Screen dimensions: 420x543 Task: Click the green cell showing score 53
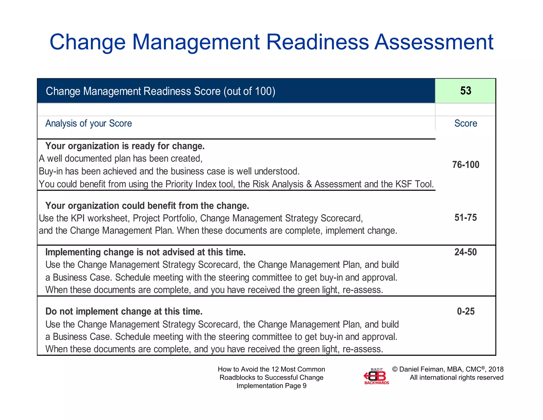[465, 91]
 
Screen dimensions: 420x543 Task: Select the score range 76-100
[466, 165]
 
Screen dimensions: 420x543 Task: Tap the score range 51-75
[466, 217]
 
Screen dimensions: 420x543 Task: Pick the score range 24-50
[466, 252]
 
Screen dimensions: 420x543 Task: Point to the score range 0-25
[466, 311]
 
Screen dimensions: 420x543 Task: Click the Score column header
[466, 123]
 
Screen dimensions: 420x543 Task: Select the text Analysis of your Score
[89, 123]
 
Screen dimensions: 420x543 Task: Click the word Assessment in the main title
[433, 42]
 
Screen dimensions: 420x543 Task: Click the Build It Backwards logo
[376, 376]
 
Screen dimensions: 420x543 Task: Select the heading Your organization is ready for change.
[125, 146]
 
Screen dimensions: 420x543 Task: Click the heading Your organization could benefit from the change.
[147, 206]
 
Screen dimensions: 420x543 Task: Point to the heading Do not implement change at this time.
[124, 311]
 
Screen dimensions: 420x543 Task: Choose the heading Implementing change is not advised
[145, 252]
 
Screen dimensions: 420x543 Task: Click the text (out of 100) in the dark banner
[249, 91]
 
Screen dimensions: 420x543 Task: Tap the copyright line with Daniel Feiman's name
[448, 369]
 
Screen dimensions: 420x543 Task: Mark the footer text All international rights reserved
[456, 378]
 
